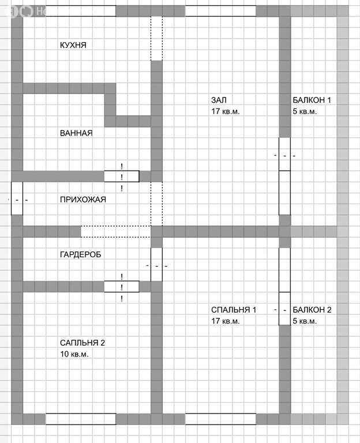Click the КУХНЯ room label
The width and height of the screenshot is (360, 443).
tap(73, 45)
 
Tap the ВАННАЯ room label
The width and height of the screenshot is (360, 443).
tap(76, 133)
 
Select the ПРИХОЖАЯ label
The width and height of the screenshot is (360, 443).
tap(82, 200)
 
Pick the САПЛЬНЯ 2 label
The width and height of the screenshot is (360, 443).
tap(82, 343)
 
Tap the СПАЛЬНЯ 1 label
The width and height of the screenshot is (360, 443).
tap(234, 310)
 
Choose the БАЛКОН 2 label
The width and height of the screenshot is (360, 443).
tap(312, 310)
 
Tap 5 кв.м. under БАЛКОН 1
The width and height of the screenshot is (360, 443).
tap(305, 111)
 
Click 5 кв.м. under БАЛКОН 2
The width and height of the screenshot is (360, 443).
tap(305, 321)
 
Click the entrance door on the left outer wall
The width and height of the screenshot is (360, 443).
tap(17, 198)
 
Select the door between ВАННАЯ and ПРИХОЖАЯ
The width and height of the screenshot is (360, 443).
tap(121, 176)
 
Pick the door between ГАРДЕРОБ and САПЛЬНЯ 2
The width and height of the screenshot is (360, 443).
tap(121, 286)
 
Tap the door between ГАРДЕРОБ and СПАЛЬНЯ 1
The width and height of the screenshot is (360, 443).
tap(156, 264)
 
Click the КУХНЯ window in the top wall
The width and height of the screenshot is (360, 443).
tap(80, 11)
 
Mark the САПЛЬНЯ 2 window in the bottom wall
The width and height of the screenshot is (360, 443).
tap(80, 419)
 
